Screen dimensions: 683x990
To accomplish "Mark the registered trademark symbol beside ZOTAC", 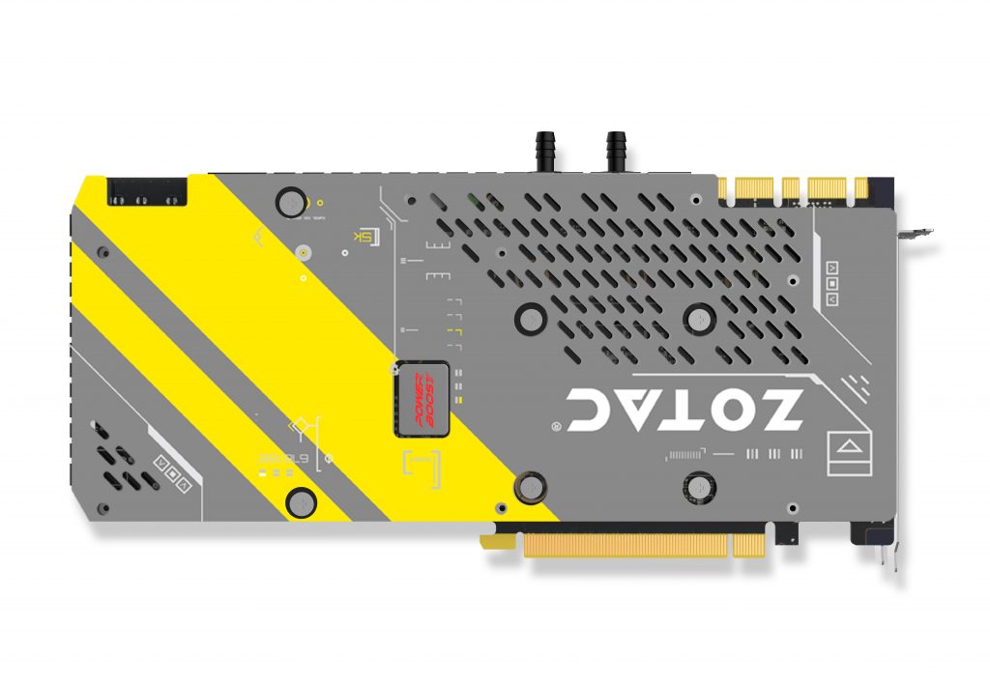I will click(x=556, y=425).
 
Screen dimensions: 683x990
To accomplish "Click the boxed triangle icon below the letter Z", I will click(x=848, y=446).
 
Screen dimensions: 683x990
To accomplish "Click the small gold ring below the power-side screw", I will click(x=303, y=254).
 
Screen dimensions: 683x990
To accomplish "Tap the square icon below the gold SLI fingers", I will click(x=832, y=284).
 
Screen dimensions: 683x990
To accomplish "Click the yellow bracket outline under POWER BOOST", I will click(x=420, y=465).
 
